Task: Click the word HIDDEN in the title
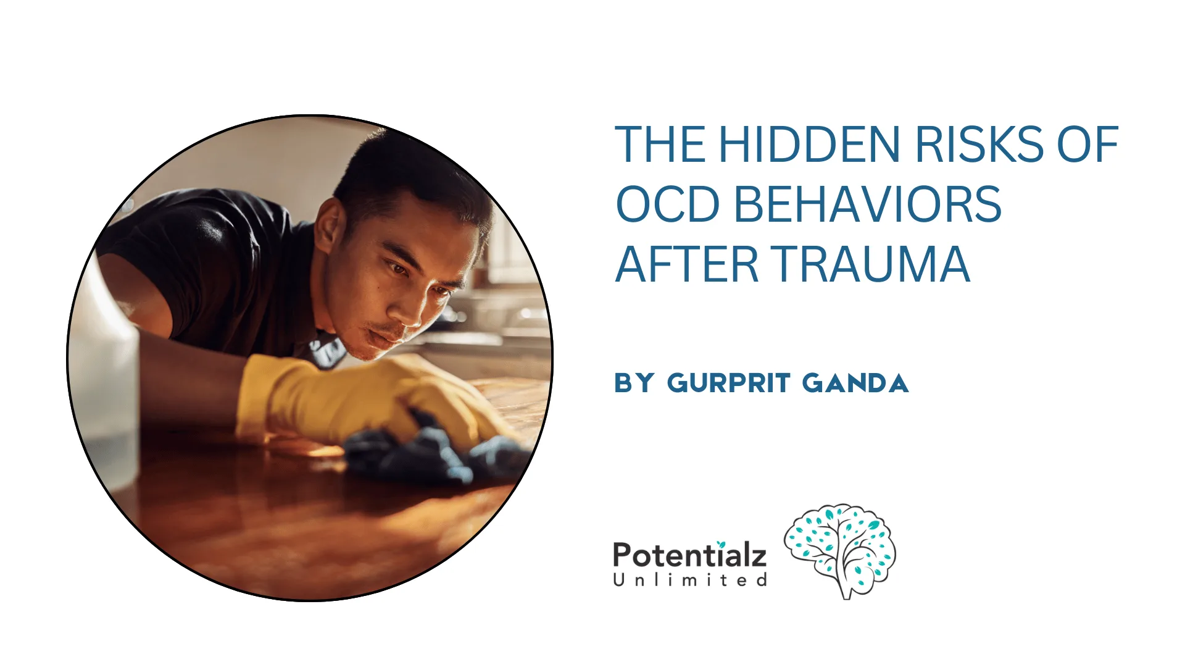809,145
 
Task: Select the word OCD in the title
668,204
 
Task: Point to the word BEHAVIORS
867,204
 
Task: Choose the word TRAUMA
871,264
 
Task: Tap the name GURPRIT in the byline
728,384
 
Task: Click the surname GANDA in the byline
855,384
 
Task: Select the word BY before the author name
634,384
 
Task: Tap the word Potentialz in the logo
689,555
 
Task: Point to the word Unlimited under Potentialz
689,581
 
